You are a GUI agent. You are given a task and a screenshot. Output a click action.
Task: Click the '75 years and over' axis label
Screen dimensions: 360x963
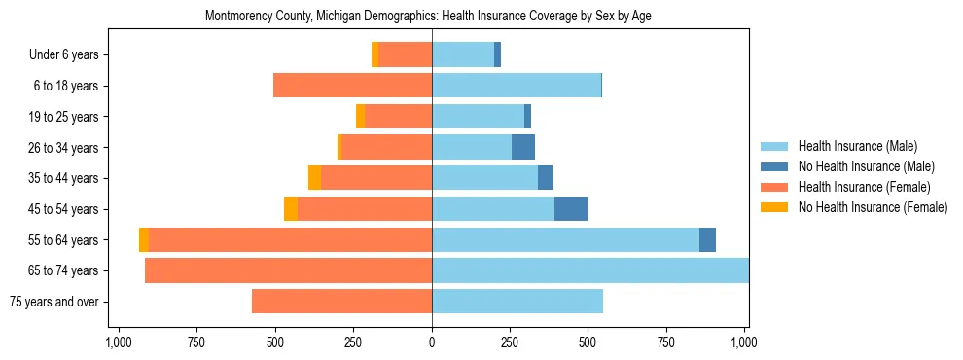[55, 302]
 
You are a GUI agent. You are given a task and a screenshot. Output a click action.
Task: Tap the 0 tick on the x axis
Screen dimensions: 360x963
[432, 342]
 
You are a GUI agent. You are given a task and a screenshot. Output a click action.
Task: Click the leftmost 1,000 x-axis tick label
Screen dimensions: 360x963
[119, 342]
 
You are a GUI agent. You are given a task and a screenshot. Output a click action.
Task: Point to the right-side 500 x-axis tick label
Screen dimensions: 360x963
[588, 342]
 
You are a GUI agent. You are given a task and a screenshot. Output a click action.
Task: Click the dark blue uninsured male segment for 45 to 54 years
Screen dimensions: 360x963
[571, 209]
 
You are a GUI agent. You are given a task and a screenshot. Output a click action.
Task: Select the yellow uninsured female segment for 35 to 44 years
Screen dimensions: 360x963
[314, 178]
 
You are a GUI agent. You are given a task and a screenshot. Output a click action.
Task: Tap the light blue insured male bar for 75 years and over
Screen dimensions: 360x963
[517, 302]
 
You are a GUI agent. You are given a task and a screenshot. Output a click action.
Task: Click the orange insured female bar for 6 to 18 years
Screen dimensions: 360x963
[352, 86]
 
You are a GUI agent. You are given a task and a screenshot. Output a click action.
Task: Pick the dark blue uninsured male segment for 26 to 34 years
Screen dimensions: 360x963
[523, 148]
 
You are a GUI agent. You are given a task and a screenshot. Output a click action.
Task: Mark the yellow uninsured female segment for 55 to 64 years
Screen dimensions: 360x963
[144, 240]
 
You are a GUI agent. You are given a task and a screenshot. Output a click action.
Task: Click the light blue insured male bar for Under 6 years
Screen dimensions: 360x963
[463, 55]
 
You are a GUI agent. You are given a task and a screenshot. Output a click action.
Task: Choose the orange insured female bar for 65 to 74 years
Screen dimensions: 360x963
[288, 270]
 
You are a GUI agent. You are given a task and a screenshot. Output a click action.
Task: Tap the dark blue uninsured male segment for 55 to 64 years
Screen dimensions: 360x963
[707, 240]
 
